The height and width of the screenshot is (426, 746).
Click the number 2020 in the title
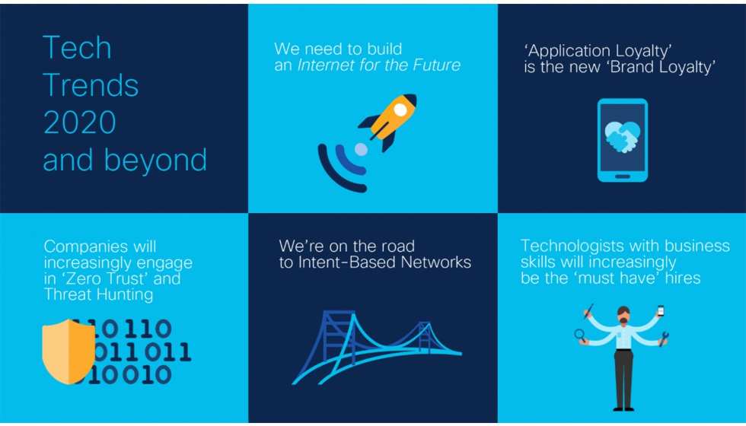pos(79,122)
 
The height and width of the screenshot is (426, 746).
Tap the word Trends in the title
pos(91,85)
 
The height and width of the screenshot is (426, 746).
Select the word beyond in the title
pos(155,161)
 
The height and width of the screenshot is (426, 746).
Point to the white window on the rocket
pos(400,110)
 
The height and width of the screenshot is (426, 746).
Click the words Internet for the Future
pos(379,65)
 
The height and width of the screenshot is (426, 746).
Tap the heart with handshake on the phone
pos(623,136)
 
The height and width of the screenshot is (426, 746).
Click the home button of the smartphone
pos(623,176)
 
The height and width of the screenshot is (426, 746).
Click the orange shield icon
pos(69,351)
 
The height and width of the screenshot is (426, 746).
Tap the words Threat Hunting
pos(98,295)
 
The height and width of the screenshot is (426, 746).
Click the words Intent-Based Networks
pos(384,262)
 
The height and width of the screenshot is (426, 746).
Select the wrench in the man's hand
pos(664,339)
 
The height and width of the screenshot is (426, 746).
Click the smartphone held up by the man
pos(661,311)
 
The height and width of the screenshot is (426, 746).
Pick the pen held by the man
pos(588,311)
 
